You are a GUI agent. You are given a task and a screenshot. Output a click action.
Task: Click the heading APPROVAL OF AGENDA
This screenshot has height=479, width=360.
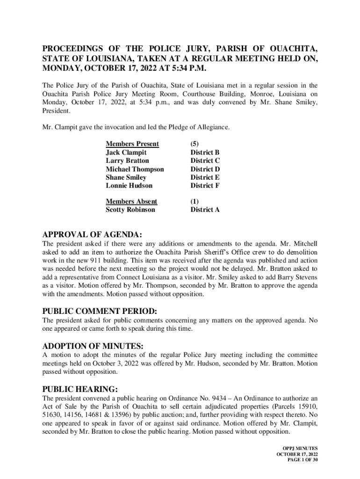pos(92,234)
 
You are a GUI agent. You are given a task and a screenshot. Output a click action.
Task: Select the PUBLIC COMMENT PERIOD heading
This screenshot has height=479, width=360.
pos(100,311)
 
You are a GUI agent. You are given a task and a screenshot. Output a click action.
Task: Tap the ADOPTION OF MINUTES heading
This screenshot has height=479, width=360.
pos(93,346)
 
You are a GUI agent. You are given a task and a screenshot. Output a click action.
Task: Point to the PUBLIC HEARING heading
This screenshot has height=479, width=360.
pos(80,389)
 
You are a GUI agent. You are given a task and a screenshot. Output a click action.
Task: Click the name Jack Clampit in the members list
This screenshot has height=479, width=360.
pos(126,152)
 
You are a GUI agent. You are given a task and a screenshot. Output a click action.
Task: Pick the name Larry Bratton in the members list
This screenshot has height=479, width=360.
pos(128,161)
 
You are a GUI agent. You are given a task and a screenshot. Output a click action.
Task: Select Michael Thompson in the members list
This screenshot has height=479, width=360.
pos(135,169)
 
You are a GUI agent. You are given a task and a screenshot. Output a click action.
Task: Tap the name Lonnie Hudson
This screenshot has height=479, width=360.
pos(129,186)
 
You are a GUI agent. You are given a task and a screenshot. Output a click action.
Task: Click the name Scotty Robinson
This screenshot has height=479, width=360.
pos(130,210)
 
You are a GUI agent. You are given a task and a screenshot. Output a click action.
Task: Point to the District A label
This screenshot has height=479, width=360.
pos(205,210)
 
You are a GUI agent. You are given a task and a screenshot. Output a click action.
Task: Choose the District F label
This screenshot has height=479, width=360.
pos(205,186)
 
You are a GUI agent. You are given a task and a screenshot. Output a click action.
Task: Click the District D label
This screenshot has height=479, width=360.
pos(205,169)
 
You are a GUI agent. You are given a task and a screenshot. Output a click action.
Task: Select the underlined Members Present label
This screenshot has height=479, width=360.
pos(132,144)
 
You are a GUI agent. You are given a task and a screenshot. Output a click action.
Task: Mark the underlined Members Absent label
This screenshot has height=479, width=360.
pos(131,202)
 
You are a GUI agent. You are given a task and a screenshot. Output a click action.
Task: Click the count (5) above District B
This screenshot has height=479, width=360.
pos(195,144)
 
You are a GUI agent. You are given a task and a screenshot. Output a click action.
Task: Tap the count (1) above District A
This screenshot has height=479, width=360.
pos(195,202)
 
